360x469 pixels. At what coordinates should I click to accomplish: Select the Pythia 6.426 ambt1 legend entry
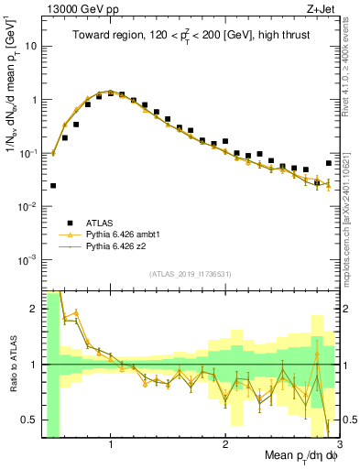tap(123, 234)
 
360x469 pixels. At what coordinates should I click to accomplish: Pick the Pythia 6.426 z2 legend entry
tap(118, 247)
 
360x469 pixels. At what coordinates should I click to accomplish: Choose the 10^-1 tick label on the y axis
tap(27, 153)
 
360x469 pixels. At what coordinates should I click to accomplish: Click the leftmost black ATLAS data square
tap(53, 185)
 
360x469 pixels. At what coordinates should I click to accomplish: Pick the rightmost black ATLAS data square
tap(328, 163)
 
